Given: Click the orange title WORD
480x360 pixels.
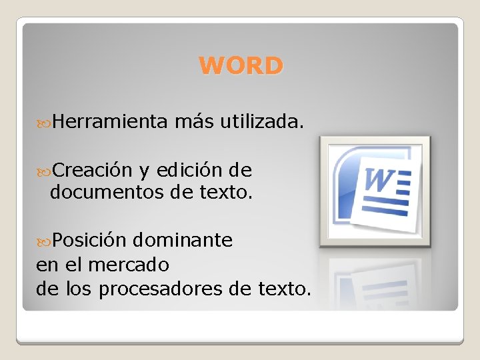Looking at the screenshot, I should pos(241,66).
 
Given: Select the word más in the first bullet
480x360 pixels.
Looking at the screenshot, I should pos(193,122).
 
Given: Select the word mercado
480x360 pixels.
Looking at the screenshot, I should pos(129,265).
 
